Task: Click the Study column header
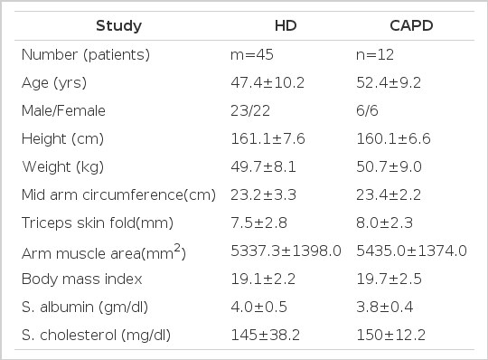(x=119, y=25)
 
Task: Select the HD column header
(x=286, y=25)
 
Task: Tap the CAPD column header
(x=411, y=25)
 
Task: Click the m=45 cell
(x=252, y=55)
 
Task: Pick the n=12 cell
(x=375, y=55)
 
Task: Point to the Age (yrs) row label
(x=54, y=83)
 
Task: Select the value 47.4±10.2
(x=267, y=83)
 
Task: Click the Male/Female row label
(x=63, y=111)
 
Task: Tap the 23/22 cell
(x=250, y=111)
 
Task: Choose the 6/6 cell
(x=367, y=111)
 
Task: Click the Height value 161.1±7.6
(x=268, y=139)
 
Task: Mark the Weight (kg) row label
(x=63, y=167)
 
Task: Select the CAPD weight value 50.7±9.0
(x=389, y=167)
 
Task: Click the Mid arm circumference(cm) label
(x=119, y=195)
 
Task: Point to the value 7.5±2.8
(x=259, y=223)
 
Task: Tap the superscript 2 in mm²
(x=177, y=248)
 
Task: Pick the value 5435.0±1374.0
(x=411, y=251)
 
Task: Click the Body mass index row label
(x=82, y=279)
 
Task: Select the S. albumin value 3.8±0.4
(x=385, y=307)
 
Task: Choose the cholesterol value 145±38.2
(x=265, y=335)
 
